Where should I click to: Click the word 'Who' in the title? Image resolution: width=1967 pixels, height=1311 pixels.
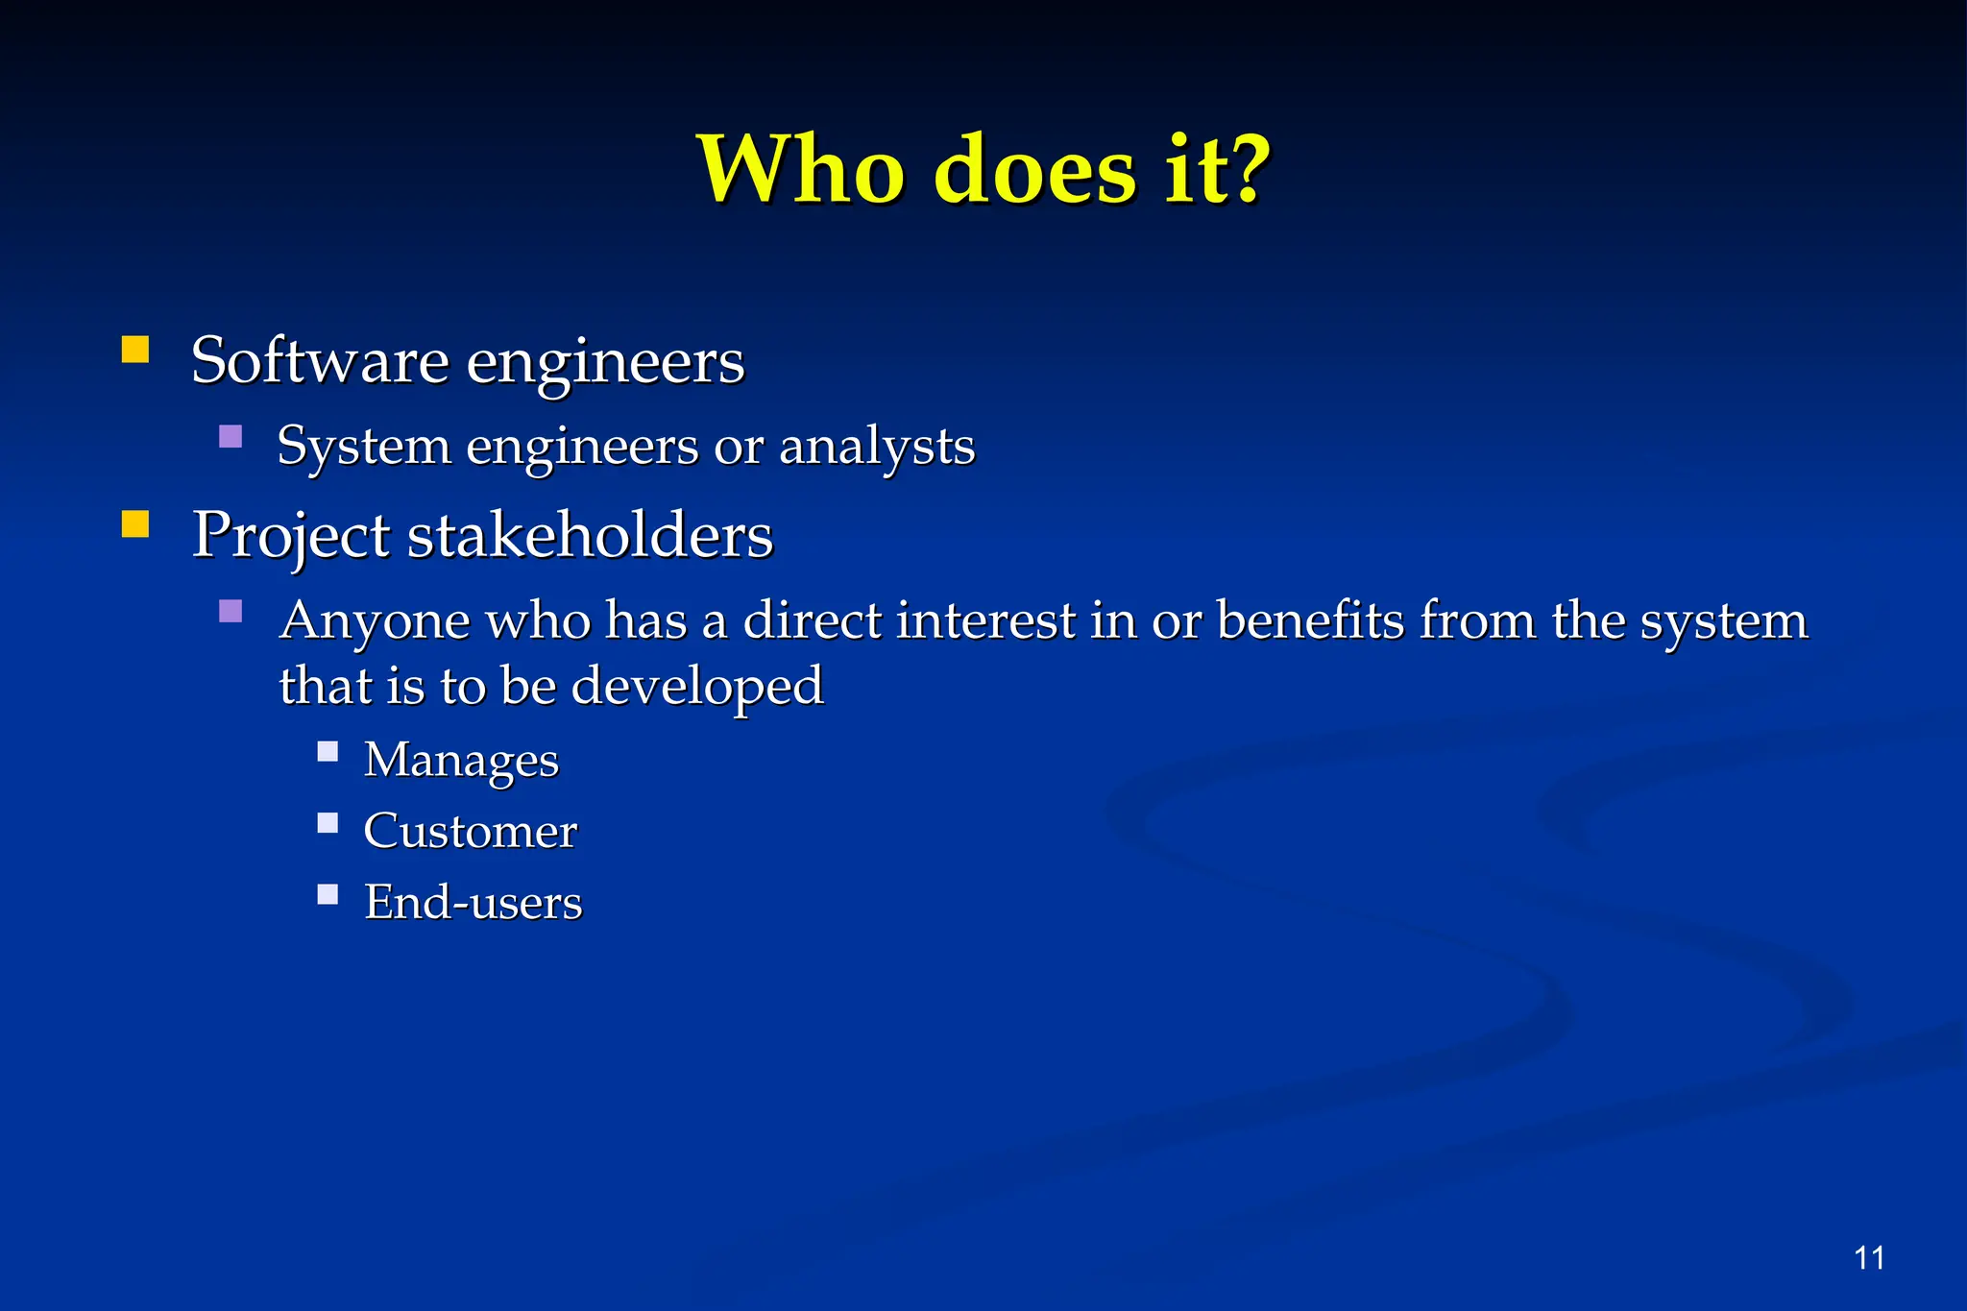pos(801,169)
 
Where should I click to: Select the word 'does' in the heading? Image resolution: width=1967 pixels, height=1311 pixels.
pos(1034,169)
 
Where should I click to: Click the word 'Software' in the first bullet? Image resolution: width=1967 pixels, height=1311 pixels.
pos(320,361)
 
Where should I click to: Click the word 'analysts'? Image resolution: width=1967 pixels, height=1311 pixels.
pos(876,447)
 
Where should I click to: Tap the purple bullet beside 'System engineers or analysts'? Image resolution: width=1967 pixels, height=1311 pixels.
pos(231,437)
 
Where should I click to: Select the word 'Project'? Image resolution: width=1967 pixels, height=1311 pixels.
pos(290,535)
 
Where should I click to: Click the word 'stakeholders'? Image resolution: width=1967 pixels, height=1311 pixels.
pos(590,535)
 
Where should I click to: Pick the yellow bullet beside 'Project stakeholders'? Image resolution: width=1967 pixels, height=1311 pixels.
pos(135,523)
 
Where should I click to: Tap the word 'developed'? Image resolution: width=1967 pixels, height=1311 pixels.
pos(696,686)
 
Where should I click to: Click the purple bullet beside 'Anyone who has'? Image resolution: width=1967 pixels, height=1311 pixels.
pos(231,611)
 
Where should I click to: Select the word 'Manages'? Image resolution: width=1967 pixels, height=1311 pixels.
pos(461,760)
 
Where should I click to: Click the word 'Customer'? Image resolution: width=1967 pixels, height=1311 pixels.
pos(470,831)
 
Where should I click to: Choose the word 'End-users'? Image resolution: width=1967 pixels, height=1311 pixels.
pos(473,903)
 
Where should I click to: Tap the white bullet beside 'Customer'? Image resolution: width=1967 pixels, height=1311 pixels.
pos(328,822)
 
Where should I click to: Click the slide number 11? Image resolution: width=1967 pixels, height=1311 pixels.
pos(1869,1257)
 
